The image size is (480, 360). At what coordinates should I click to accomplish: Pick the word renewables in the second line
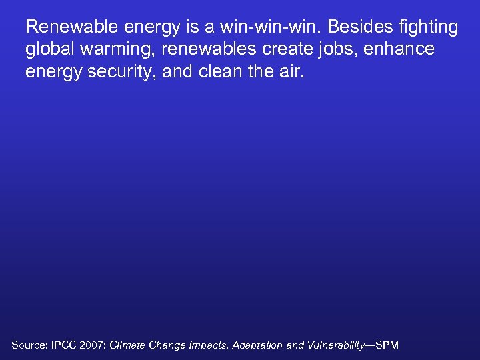point(216,49)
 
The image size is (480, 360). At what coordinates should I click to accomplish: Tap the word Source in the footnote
point(27,345)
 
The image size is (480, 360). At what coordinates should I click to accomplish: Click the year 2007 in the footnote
point(93,345)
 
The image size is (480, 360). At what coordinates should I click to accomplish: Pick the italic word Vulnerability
point(335,345)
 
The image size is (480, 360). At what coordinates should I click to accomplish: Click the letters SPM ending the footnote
point(387,345)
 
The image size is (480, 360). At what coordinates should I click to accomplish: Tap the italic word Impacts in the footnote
point(209,345)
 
